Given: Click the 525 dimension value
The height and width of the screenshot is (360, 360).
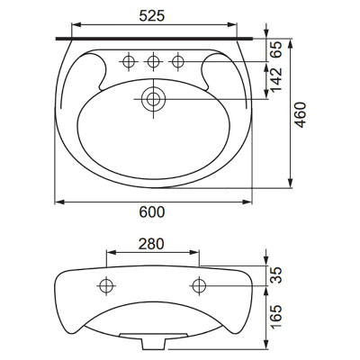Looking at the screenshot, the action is (x=152, y=15).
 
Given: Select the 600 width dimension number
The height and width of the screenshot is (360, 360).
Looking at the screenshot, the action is (x=152, y=212).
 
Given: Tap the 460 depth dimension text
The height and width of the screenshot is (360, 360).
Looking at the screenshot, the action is (x=301, y=115).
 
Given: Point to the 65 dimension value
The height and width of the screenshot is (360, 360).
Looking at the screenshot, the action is (x=275, y=49).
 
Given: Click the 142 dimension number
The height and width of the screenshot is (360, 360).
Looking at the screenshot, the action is (x=275, y=80).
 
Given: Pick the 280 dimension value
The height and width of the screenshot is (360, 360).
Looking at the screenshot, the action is (x=151, y=244).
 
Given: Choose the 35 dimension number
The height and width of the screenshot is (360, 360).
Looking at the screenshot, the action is (x=275, y=275).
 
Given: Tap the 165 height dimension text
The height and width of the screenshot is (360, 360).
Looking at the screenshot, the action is (x=275, y=317).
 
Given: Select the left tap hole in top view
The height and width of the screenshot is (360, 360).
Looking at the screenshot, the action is (x=129, y=62).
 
